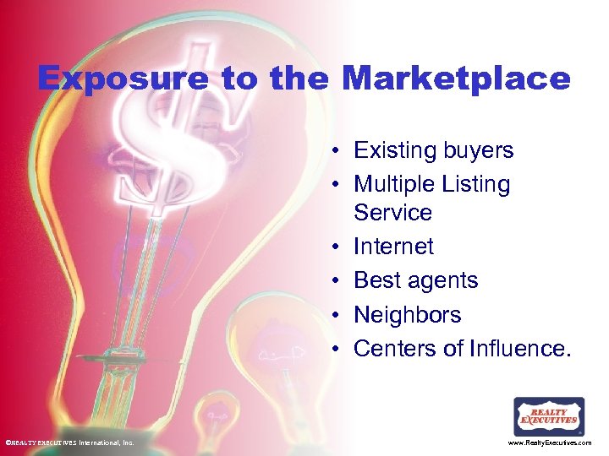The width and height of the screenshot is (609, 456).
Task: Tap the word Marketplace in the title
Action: coord(457,79)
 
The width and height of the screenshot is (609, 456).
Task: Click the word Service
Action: coord(392,212)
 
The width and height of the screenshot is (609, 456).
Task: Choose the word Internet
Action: coord(393,247)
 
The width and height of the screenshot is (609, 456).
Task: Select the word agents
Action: coord(448,281)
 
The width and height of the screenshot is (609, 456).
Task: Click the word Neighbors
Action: coord(407,315)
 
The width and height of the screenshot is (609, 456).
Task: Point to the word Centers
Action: coord(392,348)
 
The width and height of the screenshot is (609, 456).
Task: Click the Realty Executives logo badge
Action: coord(549,417)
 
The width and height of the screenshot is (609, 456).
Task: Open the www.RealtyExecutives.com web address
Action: coord(550,442)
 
